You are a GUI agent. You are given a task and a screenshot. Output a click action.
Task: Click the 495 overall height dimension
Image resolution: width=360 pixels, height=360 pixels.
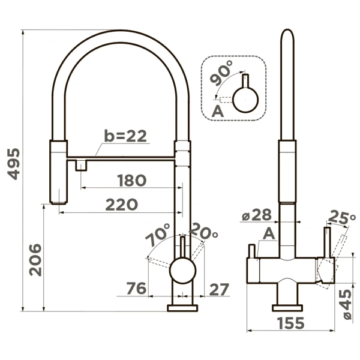14,164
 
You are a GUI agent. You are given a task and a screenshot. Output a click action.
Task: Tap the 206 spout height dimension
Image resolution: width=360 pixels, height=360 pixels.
35,260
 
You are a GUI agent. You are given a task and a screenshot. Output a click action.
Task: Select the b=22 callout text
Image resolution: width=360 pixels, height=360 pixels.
125,136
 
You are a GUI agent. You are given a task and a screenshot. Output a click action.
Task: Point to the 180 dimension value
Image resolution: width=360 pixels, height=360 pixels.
132,180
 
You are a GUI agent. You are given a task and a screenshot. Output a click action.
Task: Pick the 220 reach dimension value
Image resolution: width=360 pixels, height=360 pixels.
122,205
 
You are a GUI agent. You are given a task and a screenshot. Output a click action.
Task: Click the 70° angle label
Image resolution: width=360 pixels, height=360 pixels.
158,234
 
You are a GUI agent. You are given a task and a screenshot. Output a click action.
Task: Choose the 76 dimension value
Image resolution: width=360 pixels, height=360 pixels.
136,288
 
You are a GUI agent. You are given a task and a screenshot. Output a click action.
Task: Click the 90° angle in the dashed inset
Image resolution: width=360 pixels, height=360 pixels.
221,73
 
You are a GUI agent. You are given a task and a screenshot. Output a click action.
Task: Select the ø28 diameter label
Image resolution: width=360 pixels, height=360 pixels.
257,215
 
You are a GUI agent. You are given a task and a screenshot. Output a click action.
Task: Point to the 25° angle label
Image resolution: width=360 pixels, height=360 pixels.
341,217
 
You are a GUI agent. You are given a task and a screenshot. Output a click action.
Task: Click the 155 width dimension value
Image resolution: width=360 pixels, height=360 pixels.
290,323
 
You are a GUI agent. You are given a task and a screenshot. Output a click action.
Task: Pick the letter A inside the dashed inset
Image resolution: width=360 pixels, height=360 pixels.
217,112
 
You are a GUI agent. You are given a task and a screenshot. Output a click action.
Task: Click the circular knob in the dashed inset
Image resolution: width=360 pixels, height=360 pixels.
245,100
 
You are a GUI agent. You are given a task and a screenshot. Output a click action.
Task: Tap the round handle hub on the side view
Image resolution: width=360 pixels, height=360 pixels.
183,271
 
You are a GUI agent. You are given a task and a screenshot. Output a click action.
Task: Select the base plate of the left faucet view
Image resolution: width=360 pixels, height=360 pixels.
183,308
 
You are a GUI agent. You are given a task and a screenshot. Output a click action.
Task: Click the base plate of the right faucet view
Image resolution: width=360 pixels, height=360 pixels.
287,308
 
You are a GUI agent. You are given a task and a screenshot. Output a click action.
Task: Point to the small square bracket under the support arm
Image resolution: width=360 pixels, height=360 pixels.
81,166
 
